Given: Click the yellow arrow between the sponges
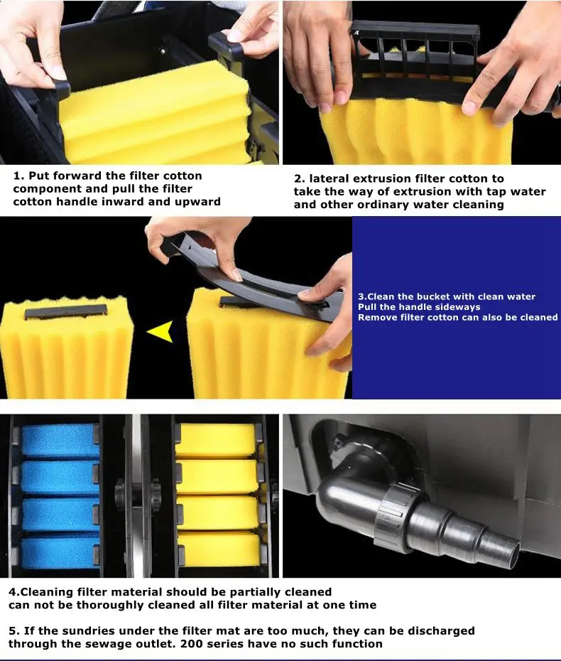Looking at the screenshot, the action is (x=161, y=331).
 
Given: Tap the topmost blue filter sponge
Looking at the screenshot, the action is (x=60, y=440).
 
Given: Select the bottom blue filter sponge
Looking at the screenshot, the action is (x=60, y=552).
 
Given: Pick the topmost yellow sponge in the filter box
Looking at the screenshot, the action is (x=216, y=441).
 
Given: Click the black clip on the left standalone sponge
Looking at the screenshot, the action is (x=66, y=312).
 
